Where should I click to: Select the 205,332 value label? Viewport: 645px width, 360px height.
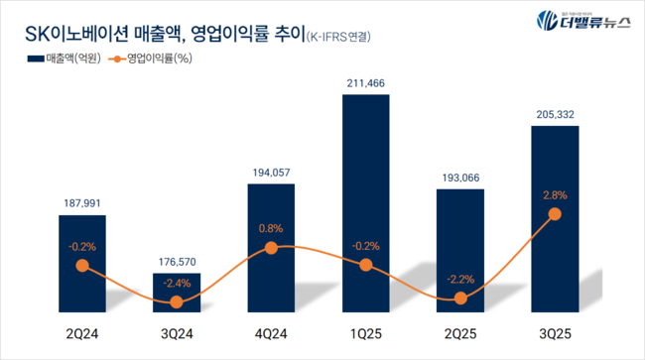(554, 115)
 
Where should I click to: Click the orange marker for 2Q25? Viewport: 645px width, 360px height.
(459, 298)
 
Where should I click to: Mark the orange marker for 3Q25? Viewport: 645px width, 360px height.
(554, 214)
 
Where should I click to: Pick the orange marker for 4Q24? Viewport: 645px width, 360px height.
(272, 248)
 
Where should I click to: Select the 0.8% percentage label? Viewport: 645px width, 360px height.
(272, 229)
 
